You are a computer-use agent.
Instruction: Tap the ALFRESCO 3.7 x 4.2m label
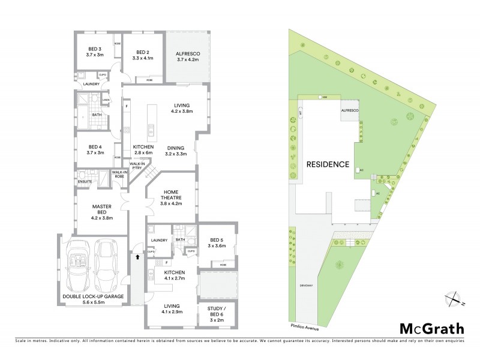click(x=187, y=55)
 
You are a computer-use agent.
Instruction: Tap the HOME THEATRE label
click(x=172, y=197)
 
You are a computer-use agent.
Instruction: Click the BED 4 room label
click(x=96, y=150)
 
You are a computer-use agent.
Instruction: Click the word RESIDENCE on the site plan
click(x=328, y=164)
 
